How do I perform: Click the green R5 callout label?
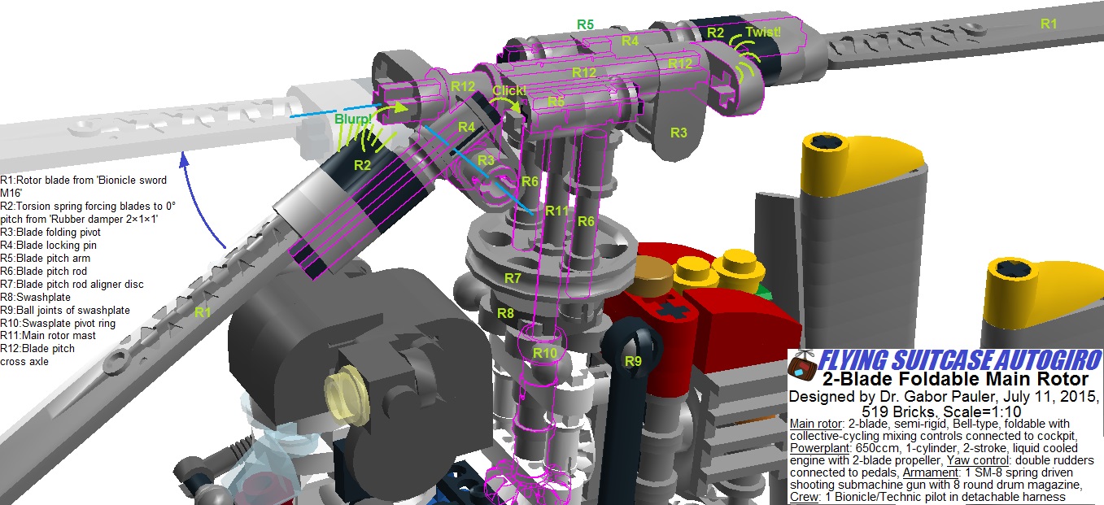(x=586, y=24)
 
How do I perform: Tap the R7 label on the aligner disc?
(x=513, y=278)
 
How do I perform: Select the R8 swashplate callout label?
(x=506, y=313)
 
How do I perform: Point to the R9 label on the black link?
(x=633, y=361)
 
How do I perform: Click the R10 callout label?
(x=545, y=353)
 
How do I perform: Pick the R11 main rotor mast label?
(x=557, y=211)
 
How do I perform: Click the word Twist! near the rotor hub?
(x=763, y=32)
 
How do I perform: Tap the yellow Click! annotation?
(x=509, y=90)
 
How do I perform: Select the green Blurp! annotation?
(x=353, y=119)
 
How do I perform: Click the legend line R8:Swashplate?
(x=36, y=297)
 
